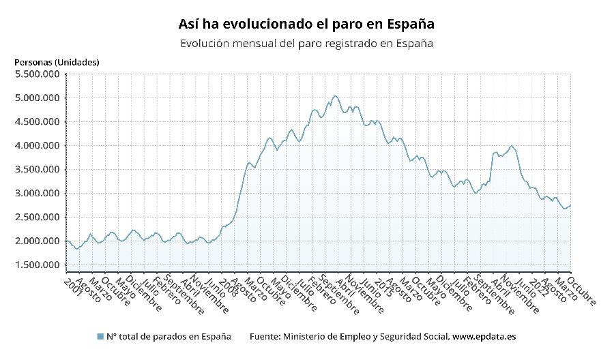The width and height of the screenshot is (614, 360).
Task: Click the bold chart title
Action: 306,24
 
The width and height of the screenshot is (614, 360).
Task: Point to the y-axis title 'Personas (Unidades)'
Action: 57,62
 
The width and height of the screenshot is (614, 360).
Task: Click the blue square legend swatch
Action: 100,337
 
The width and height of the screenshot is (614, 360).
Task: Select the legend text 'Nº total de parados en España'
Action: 168,337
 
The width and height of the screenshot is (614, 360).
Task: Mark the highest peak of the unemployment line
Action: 334,95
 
